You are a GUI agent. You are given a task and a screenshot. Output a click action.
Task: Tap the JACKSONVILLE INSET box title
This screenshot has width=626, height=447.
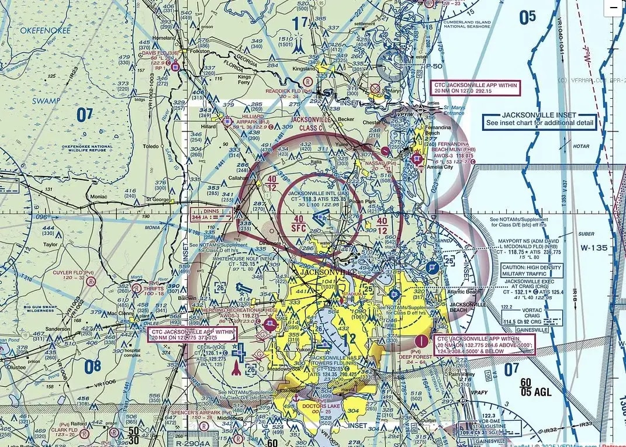click(539, 115)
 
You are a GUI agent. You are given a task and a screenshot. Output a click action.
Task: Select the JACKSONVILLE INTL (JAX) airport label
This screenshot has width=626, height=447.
click(318, 193)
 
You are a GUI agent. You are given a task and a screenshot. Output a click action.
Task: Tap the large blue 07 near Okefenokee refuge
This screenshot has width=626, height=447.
click(84, 115)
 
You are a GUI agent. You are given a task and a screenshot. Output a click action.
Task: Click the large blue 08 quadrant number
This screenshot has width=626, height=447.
click(92, 367)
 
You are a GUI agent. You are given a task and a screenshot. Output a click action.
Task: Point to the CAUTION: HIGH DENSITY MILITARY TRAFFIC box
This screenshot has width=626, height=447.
click(531, 271)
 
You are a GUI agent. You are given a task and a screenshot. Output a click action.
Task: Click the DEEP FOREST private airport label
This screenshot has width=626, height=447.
click(420, 356)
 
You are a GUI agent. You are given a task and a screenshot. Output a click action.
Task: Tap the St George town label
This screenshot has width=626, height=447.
click(158, 199)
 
